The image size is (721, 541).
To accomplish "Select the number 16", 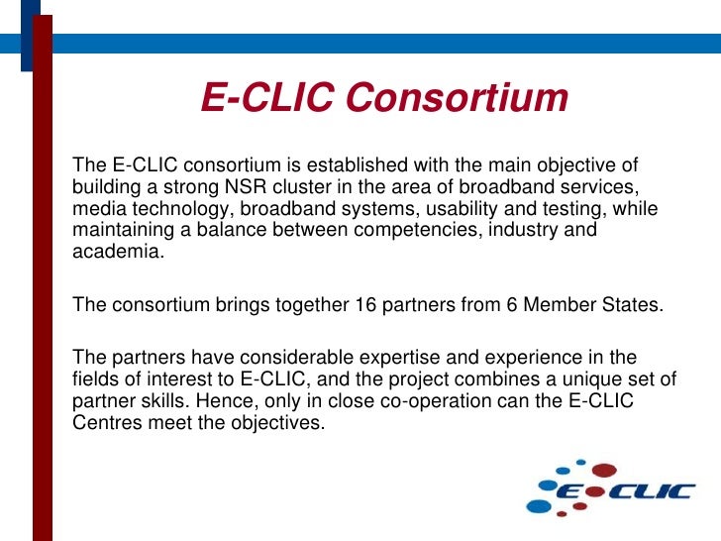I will [363, 304].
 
